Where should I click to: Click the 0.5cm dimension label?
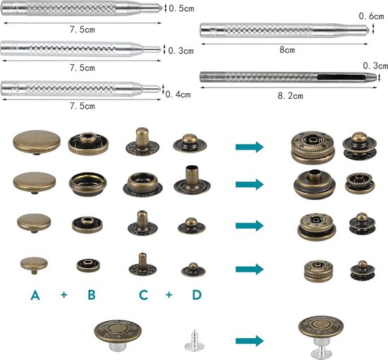181,8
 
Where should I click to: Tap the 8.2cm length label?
290,96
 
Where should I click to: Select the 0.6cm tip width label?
371,16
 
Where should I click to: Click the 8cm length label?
287,50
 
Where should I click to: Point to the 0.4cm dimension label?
178,95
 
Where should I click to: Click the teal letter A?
35,295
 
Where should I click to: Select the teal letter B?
92,295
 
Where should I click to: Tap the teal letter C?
143,295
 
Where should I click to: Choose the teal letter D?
197,295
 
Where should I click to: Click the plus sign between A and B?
63,294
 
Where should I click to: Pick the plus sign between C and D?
169,294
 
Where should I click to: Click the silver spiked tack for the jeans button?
194,340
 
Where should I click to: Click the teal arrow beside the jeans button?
250,341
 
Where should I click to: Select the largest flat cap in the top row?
37,143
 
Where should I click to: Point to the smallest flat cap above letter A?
34,265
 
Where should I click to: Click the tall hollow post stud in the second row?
192,180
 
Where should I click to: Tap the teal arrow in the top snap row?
250,147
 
